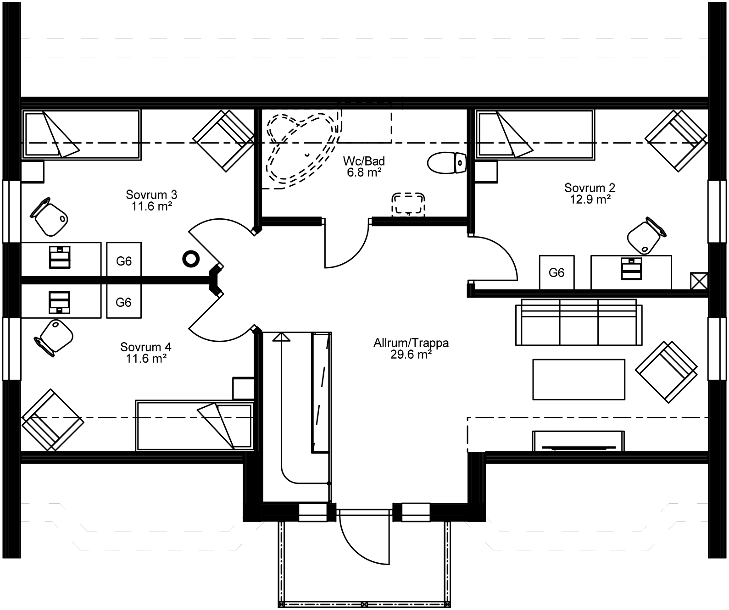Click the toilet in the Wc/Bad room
pyautogui.click(x=446, y=163)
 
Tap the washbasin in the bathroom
pyautogui.click(x=408, y=204)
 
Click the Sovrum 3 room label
pyautogui.click(x=145, y=195)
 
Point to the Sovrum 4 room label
pyautogui.click(x=146, y=347)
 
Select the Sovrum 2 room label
pyautogui.click(x=590, y=188)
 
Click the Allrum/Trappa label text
pyautogui.click(x=411, y=343)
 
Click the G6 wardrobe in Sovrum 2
pyautogui.click(x=556, y=273)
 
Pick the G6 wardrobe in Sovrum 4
pyautogui.click(x=124, y=302)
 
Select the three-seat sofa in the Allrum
pyautogui.click(x=579, y=322)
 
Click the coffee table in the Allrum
pyautogui.click(x=579, y=379)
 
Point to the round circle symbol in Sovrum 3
pyautogui.click(x=191, y=259)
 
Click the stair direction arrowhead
pyautogui.click(x=281, y=337)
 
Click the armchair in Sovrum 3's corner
pyautogui.click(x=223, y=140)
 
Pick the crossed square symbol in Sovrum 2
pyautogui.click(x=699, y=281)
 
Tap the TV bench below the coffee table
pyautogui.click(x=578, y=441)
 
